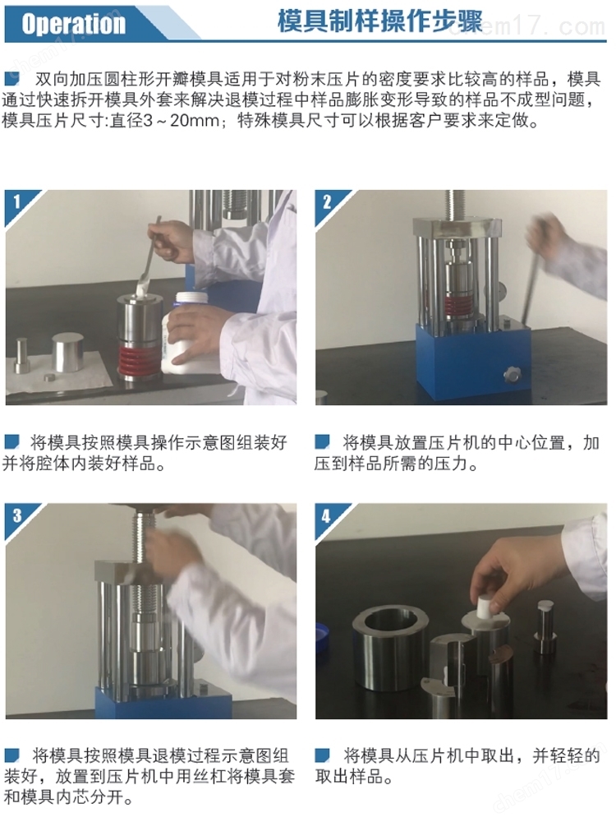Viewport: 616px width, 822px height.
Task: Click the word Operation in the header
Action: [73, 24]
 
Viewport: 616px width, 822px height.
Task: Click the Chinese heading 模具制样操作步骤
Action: [379, 21]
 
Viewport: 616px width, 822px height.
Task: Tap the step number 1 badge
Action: [16, 201]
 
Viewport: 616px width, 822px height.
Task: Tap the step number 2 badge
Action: [327, 201]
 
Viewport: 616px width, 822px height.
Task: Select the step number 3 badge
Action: [17, 515]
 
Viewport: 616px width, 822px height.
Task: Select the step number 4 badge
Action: [326, 516]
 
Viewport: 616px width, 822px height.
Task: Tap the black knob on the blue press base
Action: [511, 374]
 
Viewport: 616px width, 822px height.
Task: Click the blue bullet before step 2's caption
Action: [322, 442]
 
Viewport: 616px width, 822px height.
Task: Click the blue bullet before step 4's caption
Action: [322, 755]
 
